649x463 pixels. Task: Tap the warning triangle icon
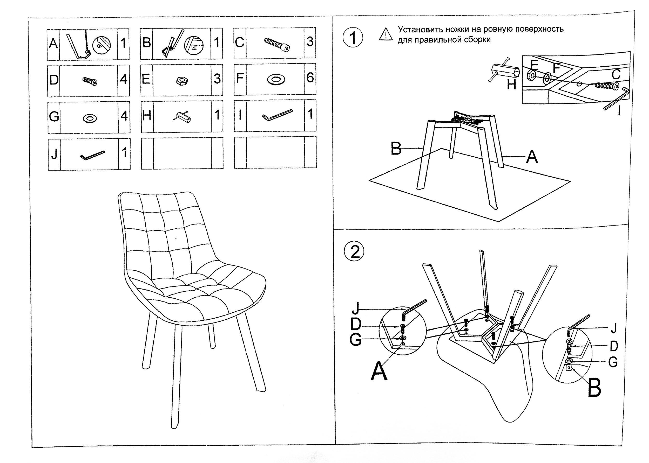pos(386,34)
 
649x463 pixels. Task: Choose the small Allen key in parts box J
pos(92,155)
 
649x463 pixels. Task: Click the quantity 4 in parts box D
pos(124,79)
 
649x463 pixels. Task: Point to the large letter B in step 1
pos(396,149)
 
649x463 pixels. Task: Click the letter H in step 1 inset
pos(512,85)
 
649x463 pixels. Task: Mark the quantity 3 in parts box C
pos(310,42)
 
